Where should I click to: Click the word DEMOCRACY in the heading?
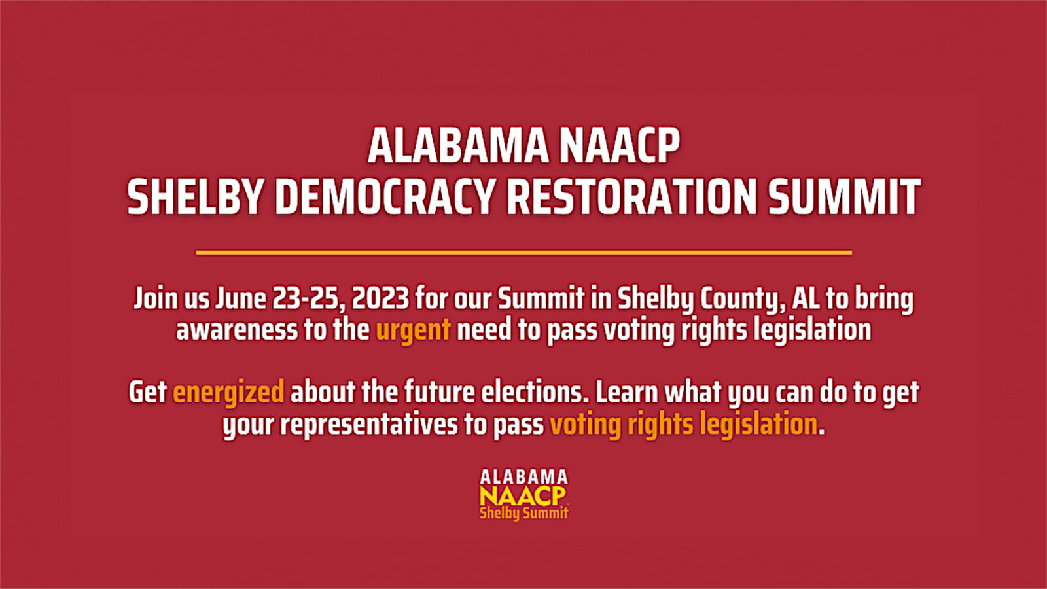pyautogui.click(x=384, y=197)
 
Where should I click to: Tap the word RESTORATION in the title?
pyautogui.click(x=631, y=197)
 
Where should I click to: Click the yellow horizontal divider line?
pyautogui.click(x=523, y=252)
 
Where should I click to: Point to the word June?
pyautogui.click(x=240, y=298)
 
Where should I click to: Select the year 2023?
pyautogui.click(x=380, y=298)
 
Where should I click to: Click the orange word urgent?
pyautogui.click(x=413, y=330)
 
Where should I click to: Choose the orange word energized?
pyautogui.click(x=228, y=393)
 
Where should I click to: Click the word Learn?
pyautogui.click(x=626, y=392)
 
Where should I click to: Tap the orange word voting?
pyautogui.click(x=585, y=425)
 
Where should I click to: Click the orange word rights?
pyautogui.click(x=660, y=425)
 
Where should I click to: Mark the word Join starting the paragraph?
pyautogui.click(x=156, y=298)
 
